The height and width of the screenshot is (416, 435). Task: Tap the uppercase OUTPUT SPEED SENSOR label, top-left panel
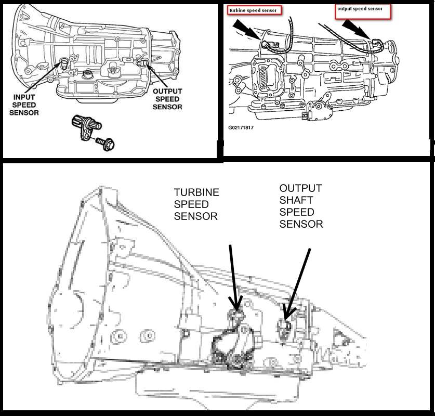pyautogui.click(x=167, y=99)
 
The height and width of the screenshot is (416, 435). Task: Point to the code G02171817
pyautogui.click(x=241, y=126)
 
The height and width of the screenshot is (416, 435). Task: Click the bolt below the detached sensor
pyautogui.click(x=107, y=144)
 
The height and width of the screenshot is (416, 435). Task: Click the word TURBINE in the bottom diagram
pyautogui.click(x=196, y=192)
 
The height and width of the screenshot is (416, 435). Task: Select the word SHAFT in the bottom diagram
pyautogui.click(x=296, y=200)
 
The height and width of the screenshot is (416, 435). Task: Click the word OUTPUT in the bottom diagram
pyautogui.click(x=300, y=188)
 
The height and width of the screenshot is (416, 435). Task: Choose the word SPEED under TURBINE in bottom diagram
pyautogui.click(x=191, y=204)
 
